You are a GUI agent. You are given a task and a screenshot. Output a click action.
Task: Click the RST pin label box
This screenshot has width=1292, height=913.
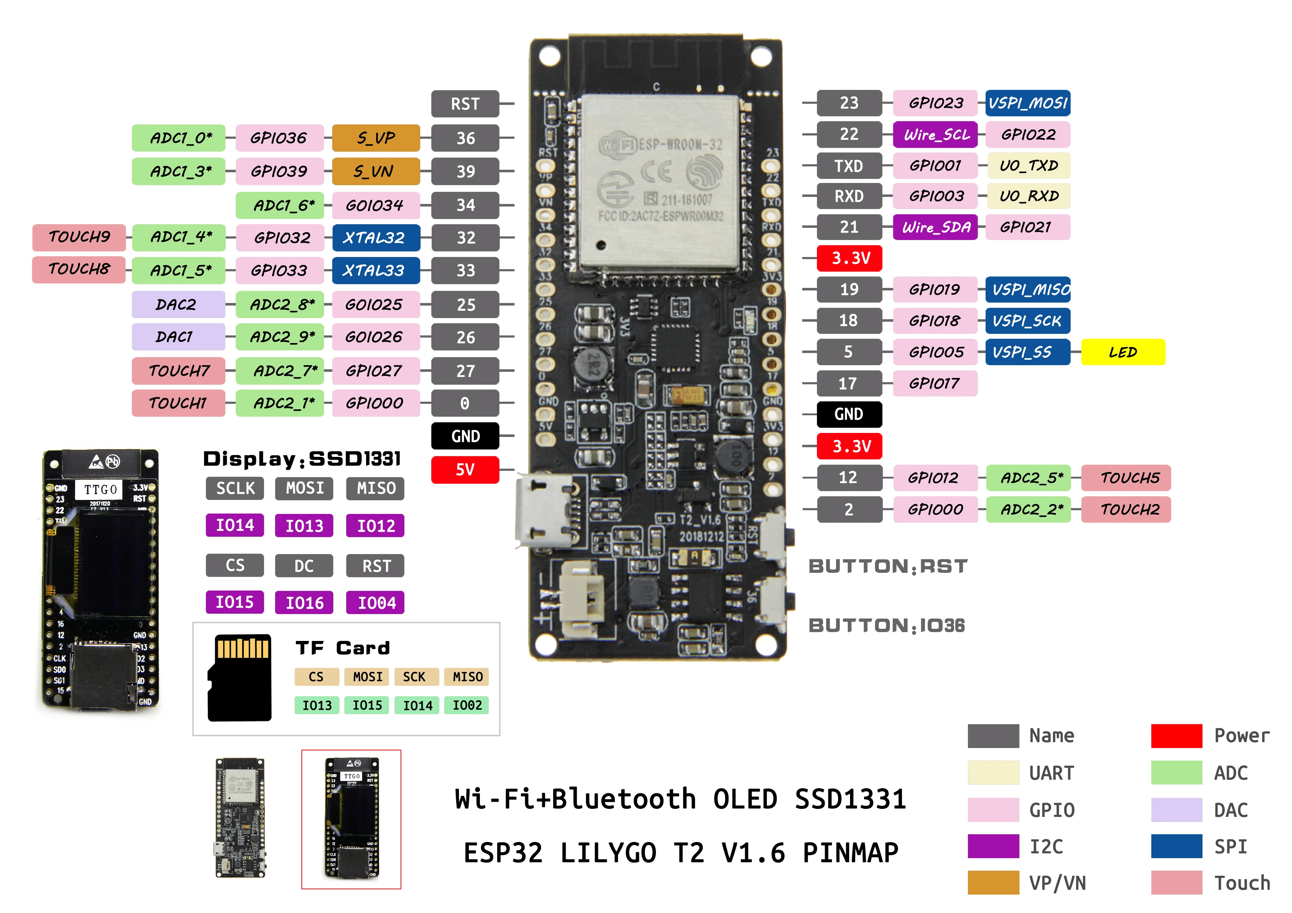pyautogui.click(x=465, y=104)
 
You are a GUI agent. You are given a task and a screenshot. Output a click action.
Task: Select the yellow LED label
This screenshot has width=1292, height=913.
pyautogui.click(x=1123, y=352)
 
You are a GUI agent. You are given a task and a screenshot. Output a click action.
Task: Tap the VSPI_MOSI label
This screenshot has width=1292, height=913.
pyautogui.click(x=1028, y=103)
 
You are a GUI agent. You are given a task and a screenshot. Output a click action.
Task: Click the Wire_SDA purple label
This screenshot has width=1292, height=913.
pyautogui.click(x=935, y=227)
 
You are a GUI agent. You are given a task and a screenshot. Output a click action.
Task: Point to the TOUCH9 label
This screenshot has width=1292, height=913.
pyautogui.click(x=79, y=237)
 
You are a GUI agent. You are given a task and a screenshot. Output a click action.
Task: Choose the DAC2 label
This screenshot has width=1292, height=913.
pyautogui.click(x=178, y=304)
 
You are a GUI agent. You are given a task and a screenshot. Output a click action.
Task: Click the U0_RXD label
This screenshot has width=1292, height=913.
pyautogui.click(x=1028, y=196)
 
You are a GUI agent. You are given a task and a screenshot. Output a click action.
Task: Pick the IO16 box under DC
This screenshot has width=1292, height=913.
pyautogui.click(x=304, y=603)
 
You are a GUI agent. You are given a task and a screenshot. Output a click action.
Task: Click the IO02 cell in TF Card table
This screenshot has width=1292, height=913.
pyautogui.click(x=467, y=705)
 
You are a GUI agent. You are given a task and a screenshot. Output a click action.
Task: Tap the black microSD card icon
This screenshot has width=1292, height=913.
pyautogui.click(x=240, y=678)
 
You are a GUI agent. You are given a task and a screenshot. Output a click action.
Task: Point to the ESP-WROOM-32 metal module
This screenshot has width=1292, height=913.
pyautogui.click(x=660, y=180)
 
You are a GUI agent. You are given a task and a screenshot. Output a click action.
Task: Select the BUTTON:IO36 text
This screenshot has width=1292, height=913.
pyautogui.click(x=886, y=625)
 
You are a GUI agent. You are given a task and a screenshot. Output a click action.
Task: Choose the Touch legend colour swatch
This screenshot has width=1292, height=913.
pyautogui.click(x=1176, y=882)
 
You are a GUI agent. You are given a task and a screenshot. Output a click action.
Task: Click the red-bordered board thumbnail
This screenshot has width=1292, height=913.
pyautogui.click(x=351, y=819)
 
